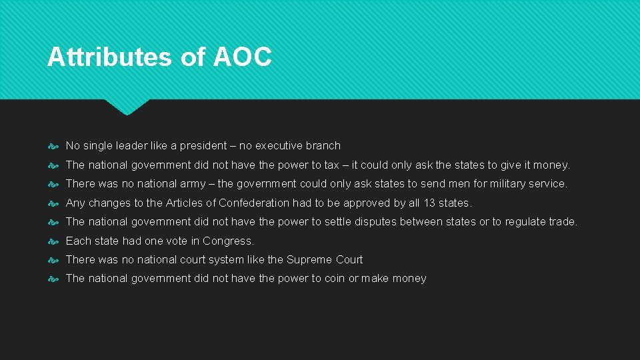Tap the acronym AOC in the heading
click(243, 57)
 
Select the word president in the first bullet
click(203, 145)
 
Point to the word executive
click(280, 145)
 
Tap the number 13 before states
click(430, 203)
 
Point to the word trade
click(562, 221)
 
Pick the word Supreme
click(307, 259)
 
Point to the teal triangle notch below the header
click(127, 107)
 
